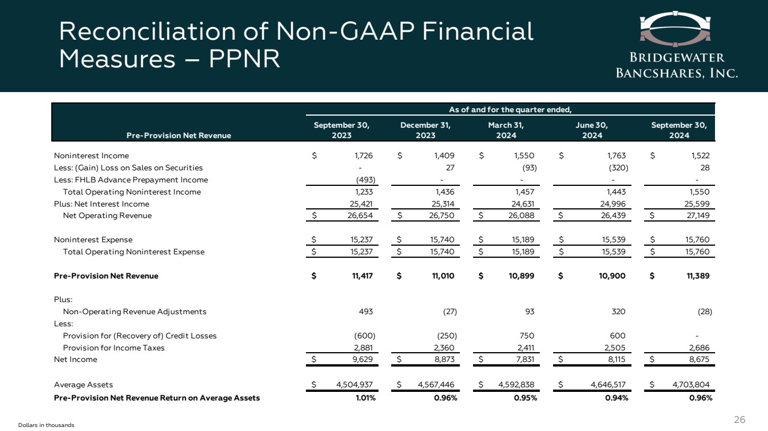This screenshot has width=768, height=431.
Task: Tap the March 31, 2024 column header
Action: click(x=506, y=130)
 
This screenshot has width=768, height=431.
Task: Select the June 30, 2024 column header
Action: click(x=592, y=130)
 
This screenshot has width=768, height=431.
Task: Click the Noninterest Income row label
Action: click(x=92, y=156)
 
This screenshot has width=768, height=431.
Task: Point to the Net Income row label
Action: click(x=75, y=360)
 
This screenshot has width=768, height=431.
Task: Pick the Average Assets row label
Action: click(x=83, y=384)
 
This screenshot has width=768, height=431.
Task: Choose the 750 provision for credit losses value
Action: click(x=527, y=336)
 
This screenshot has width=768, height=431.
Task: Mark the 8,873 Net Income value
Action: click(x=444, y=360)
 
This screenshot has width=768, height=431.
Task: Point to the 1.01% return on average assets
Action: click(x=365, y=398)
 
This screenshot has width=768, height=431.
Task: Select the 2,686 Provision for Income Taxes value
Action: click(x=698, y=348)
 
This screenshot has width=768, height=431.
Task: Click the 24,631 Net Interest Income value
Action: click(x=522, y=204)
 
